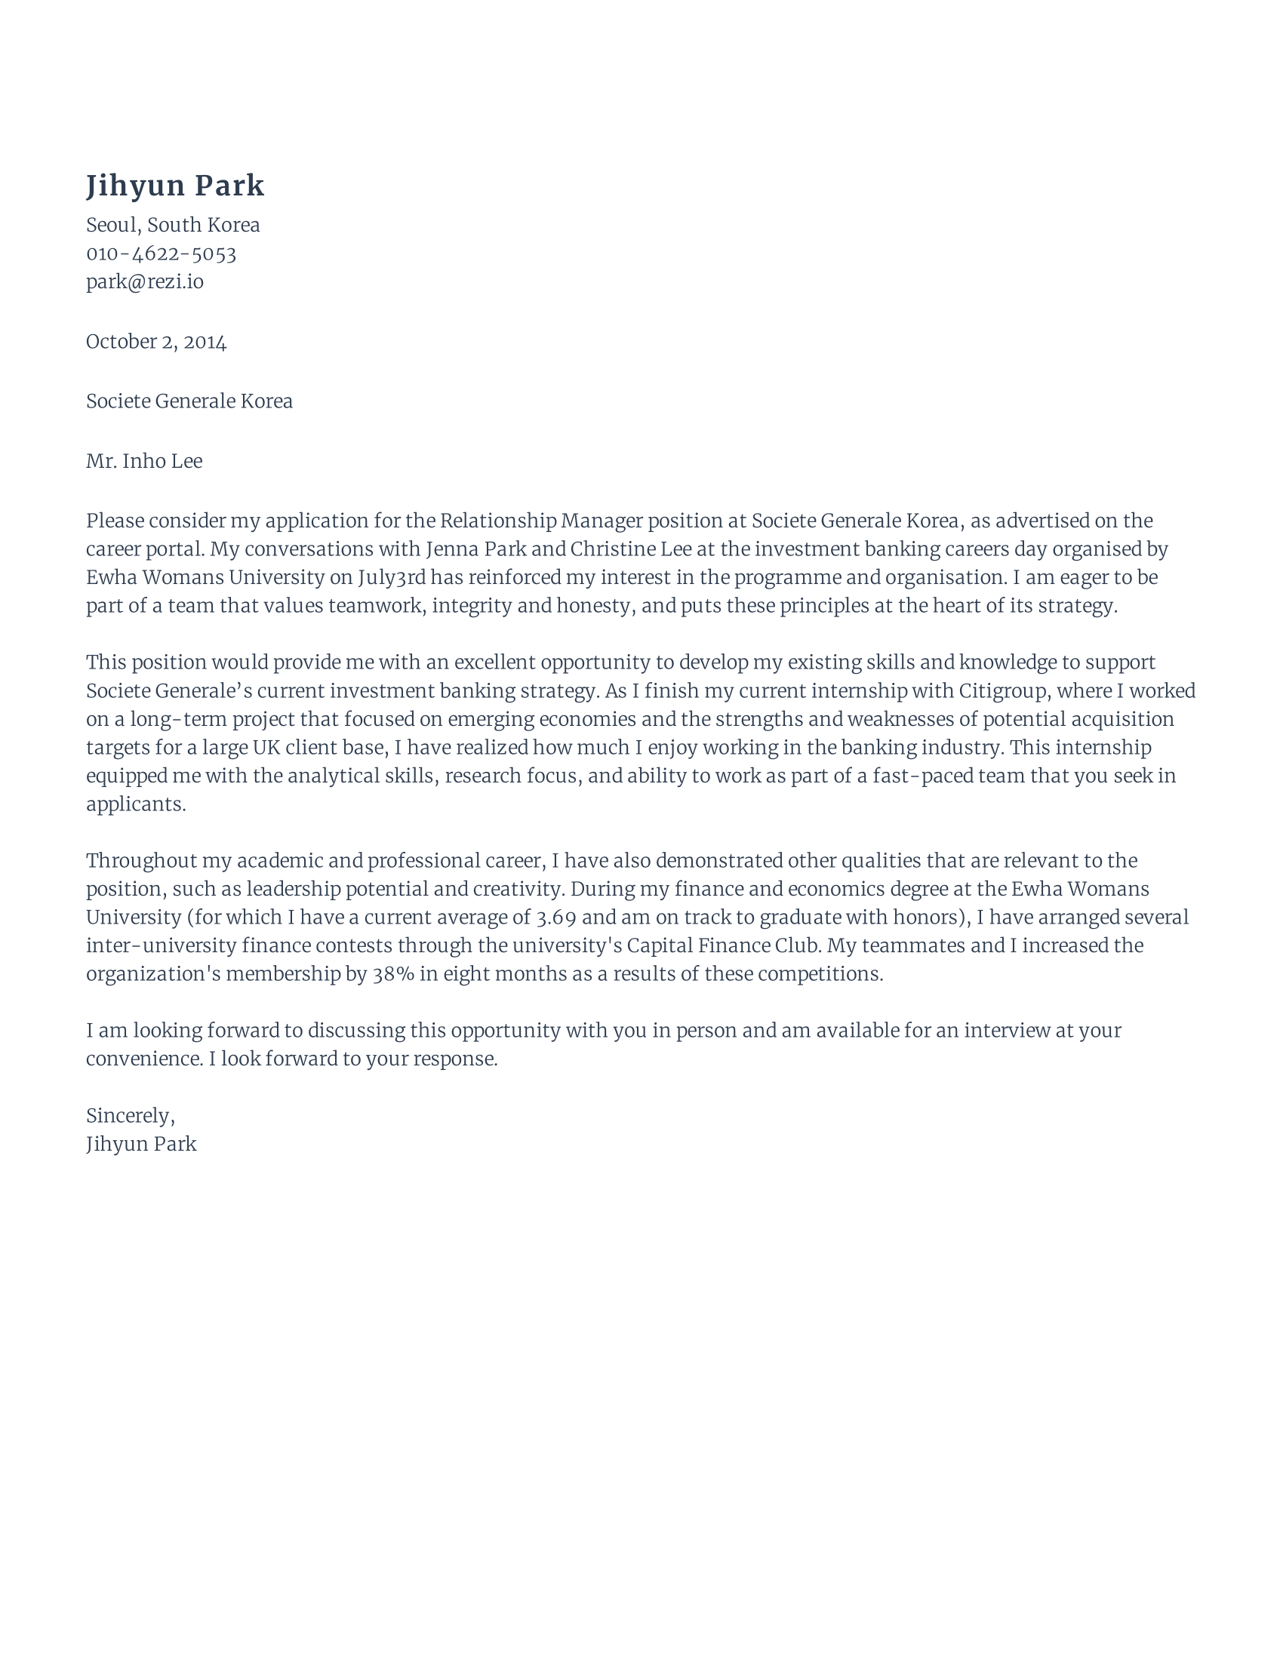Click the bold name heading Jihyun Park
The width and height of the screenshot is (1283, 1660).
(175, 186)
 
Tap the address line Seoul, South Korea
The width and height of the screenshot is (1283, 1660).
(173, 225)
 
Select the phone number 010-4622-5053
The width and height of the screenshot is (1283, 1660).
(162, 254)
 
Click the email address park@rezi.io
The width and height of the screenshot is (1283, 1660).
(144, 282)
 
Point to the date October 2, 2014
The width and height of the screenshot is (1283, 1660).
(155, 342)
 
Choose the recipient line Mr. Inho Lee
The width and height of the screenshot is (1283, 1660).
(143, 461)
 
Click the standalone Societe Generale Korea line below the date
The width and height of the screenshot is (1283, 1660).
(189, 401)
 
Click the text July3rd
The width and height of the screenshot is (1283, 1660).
(392, 578)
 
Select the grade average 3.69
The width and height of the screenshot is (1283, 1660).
(555, 918)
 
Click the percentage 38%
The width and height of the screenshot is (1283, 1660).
(393, 974)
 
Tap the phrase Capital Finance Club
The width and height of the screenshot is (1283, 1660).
(724, 945)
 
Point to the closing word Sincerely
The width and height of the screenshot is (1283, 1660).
(128, 1116)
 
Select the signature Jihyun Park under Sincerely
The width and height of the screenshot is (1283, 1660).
(141, 1144)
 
